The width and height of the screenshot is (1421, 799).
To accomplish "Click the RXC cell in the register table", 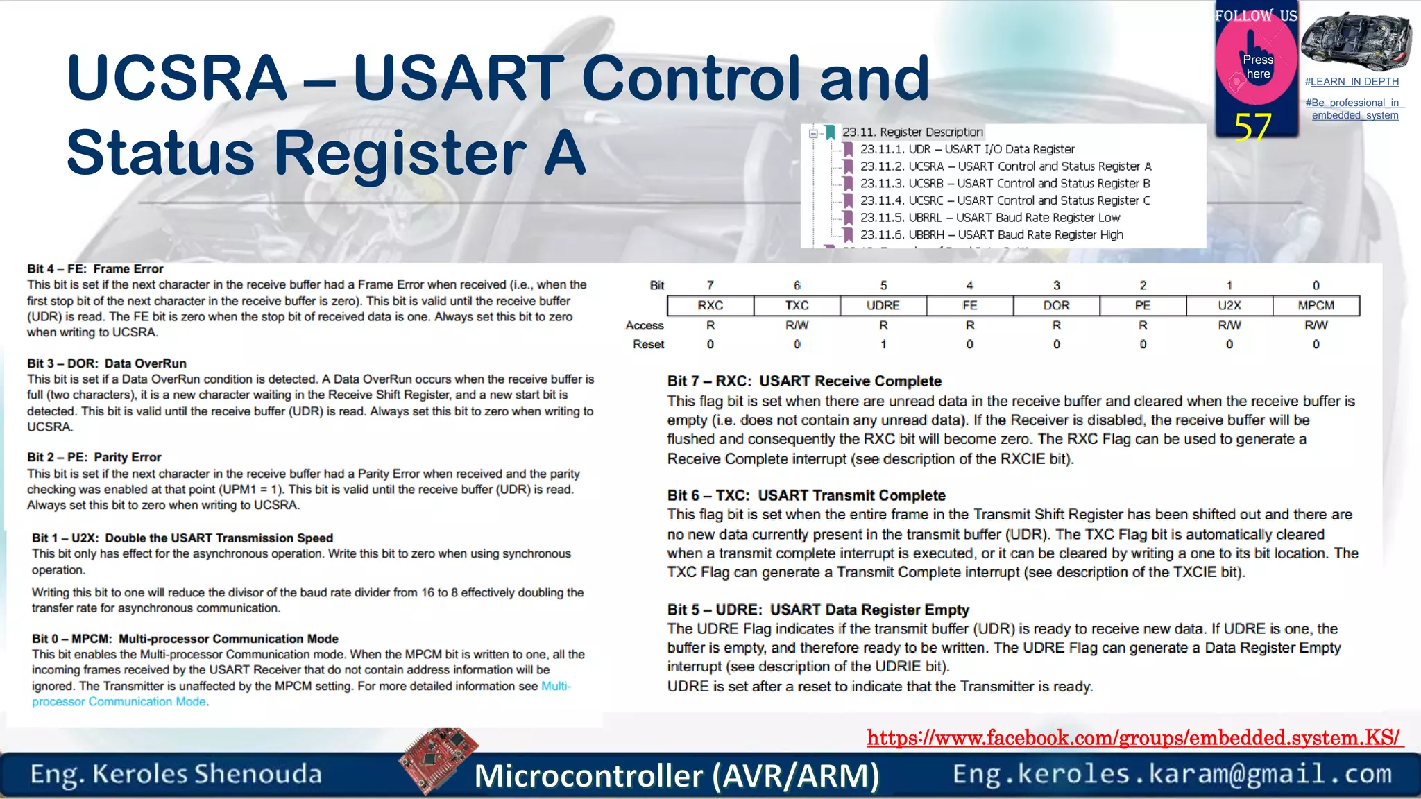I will click(x=710, y=305).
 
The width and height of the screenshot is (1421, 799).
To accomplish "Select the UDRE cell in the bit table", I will click(x=883, y=305).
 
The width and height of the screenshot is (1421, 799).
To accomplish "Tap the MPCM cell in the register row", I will click(x=1316, y=305).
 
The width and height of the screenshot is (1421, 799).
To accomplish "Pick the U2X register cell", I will click(x=1229, y=305).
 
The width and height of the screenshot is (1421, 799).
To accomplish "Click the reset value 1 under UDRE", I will click(x=883, y=344).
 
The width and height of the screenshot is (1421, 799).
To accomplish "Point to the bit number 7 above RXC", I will click(x=710, y=285).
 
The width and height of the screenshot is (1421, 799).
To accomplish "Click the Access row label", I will click(x=645, y=325).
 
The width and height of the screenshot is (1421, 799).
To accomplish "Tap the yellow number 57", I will click(x=1252, y=128).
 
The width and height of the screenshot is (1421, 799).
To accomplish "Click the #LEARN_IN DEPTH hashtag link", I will click(x=1352, y=82).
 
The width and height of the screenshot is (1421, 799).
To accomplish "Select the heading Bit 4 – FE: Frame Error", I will click(x=95, y=268).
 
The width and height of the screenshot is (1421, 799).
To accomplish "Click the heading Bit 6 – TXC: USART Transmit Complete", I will click(x=806, y=495).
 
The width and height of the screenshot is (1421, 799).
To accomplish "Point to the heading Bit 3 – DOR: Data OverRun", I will click(x=106, y=363).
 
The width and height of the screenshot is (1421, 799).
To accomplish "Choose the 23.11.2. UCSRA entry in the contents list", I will click(x=1005, y=166).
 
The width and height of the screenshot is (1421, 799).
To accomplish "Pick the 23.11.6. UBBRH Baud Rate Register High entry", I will click(x=992, y=234).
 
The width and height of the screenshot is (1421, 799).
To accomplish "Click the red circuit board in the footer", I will click(x=439, y=759).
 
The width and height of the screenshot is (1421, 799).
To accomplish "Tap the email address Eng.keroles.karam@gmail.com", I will click(x=1172, y=774).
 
